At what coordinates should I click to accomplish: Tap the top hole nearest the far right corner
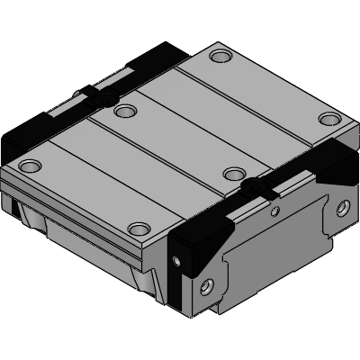pyautogui.click(x=329, y=119)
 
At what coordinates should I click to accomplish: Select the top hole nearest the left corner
pyautogui.click(x=31, y=166)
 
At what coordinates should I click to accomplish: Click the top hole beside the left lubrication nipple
pyautogui.click(x=125, y=112)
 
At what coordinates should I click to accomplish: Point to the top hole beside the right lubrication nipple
pyautogui.click(x=234, y=173)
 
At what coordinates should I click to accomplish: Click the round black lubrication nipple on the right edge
pyautogui.click(x=256, y=186)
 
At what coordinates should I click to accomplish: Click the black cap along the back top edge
pyautogui.click(x=157, y=58)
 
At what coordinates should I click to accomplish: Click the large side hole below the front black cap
pyautogui.click(x=209, y=286)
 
